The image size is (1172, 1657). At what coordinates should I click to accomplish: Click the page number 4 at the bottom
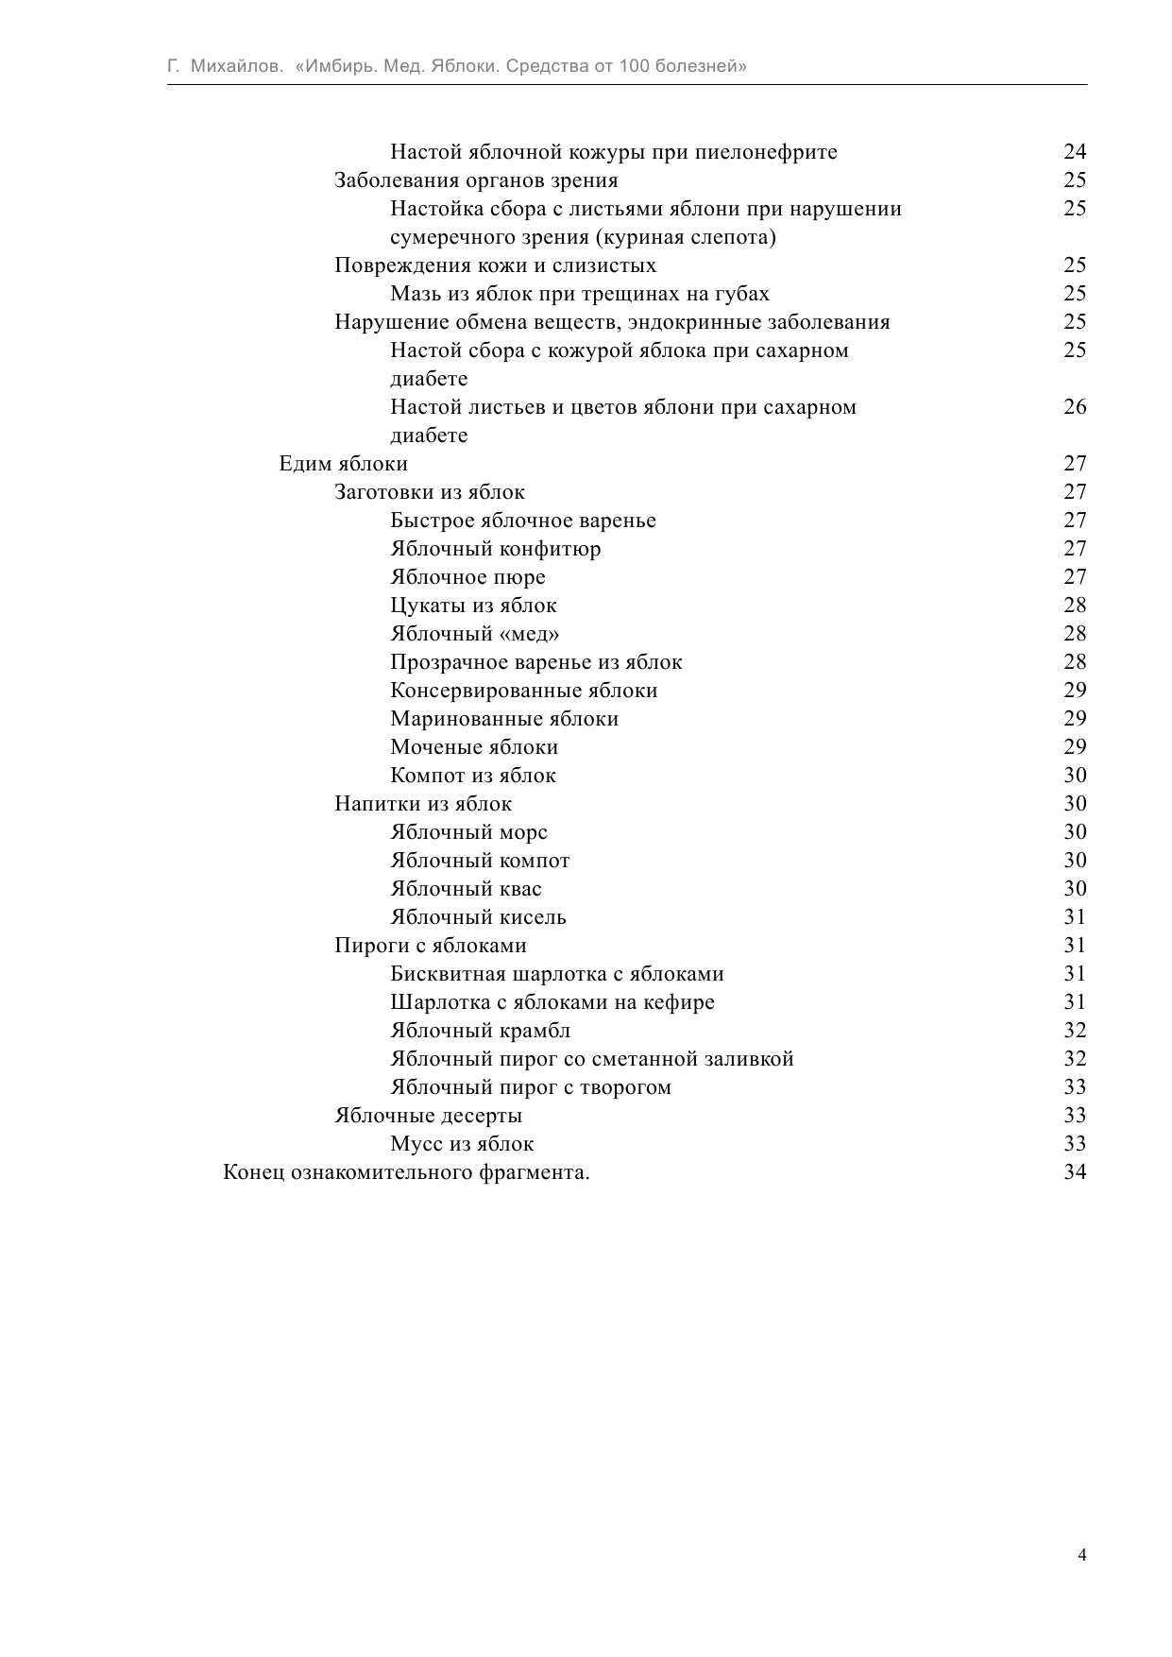pos(1081,1555)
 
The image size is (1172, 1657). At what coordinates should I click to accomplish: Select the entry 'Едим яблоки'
pos(343,464)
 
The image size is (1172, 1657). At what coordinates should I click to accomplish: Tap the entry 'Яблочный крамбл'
pos(480,1031)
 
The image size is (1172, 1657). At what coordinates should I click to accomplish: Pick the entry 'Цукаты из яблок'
pos(473,606)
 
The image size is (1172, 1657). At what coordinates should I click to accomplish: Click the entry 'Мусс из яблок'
pos(462,1144)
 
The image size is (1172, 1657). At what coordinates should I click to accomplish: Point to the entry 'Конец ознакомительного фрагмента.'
pos(406,1172)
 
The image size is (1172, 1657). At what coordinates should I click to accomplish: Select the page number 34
pos(1075,1172)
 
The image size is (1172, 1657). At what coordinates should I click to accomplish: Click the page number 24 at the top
pos(1075,152)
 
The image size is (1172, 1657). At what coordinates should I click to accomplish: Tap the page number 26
pos(1075,407)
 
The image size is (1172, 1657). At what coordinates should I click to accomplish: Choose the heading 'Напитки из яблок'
pos(423,804)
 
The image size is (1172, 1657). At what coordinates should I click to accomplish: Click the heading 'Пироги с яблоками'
pos(431,946)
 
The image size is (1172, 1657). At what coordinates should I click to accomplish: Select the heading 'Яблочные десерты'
pos(428,1116)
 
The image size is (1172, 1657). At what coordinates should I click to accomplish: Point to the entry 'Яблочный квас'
pos(466,889)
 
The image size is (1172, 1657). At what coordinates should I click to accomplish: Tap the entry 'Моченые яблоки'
pos(474,747)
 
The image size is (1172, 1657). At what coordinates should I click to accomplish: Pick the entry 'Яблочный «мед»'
pos(474,634)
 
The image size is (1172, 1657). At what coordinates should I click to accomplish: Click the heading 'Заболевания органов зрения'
pos(476,180)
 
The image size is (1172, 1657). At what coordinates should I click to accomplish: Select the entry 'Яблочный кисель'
pos(478,917)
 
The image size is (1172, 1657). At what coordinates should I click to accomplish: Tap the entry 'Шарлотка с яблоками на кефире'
pos(552,1002)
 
